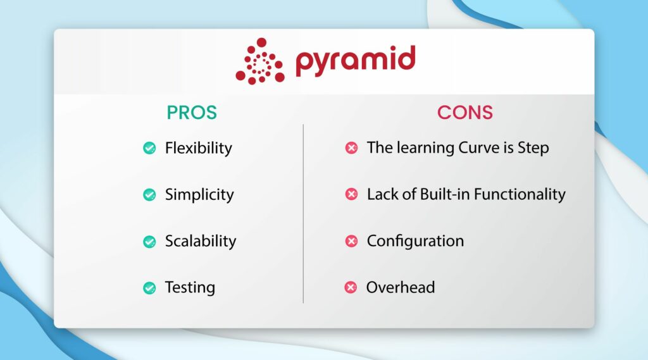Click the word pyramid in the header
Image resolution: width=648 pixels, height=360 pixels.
pos(355,61)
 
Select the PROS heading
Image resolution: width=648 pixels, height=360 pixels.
pos(192,113)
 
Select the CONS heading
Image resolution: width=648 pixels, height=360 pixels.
pos(464,113)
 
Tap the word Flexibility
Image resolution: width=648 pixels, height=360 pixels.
pos(198,148)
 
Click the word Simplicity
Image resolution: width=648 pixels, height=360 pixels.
pos(199,195)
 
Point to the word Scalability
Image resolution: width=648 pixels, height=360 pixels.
pos(200,241)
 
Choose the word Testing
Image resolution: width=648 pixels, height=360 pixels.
pos(190,287)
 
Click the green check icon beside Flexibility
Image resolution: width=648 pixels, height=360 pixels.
pos(149,148)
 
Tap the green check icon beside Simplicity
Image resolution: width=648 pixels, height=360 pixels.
pos(149,195)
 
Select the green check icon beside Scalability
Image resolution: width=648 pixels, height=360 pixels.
pos(149,242)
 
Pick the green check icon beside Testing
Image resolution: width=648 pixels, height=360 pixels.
pos(149,288)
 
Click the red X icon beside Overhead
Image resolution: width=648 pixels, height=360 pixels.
pos(351,288)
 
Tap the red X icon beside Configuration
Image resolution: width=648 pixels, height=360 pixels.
pos(351,241)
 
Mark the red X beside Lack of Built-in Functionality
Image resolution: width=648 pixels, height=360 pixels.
pos(351,195)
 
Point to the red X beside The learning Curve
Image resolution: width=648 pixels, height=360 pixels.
pos(351,148)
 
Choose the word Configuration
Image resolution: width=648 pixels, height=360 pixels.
pos(415,241)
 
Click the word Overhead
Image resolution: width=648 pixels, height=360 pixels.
pos(401,287)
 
